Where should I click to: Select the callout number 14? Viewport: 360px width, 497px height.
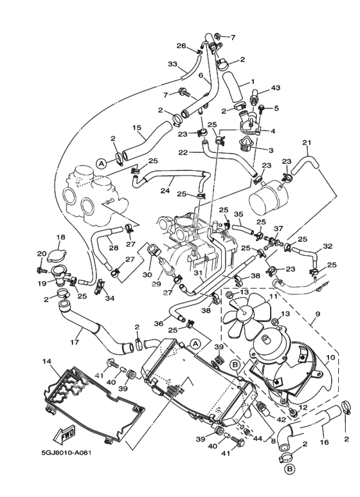pos(46,363)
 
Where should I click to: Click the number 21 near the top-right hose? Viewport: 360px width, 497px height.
pos(307,143)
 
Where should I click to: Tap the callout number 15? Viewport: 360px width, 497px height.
pos(136,128)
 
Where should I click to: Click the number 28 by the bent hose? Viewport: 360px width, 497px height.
pos(113,248)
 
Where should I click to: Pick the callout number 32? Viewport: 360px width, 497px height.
pos(327,246)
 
